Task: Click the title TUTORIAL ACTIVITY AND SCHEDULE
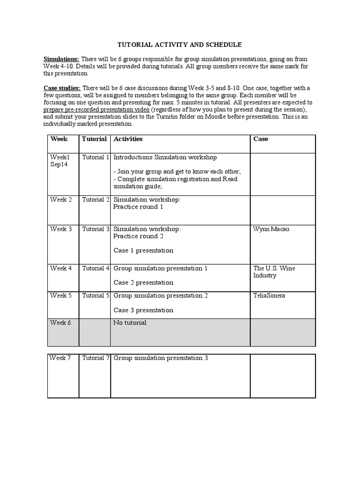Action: [180, 45]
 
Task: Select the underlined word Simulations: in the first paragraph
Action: [61, 59]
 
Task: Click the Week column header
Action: [59, 139]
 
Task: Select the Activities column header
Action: [128, 139]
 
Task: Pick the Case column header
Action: [261, 139]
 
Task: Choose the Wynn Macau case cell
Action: [271, 229]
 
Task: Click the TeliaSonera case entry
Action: [270, 296]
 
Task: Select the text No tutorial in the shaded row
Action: [130, 322]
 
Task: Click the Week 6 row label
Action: [61, 322]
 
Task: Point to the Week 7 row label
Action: [61, 358]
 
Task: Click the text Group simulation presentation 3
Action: [160, 358]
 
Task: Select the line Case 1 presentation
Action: [143, 250]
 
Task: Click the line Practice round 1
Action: [138, 207]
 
